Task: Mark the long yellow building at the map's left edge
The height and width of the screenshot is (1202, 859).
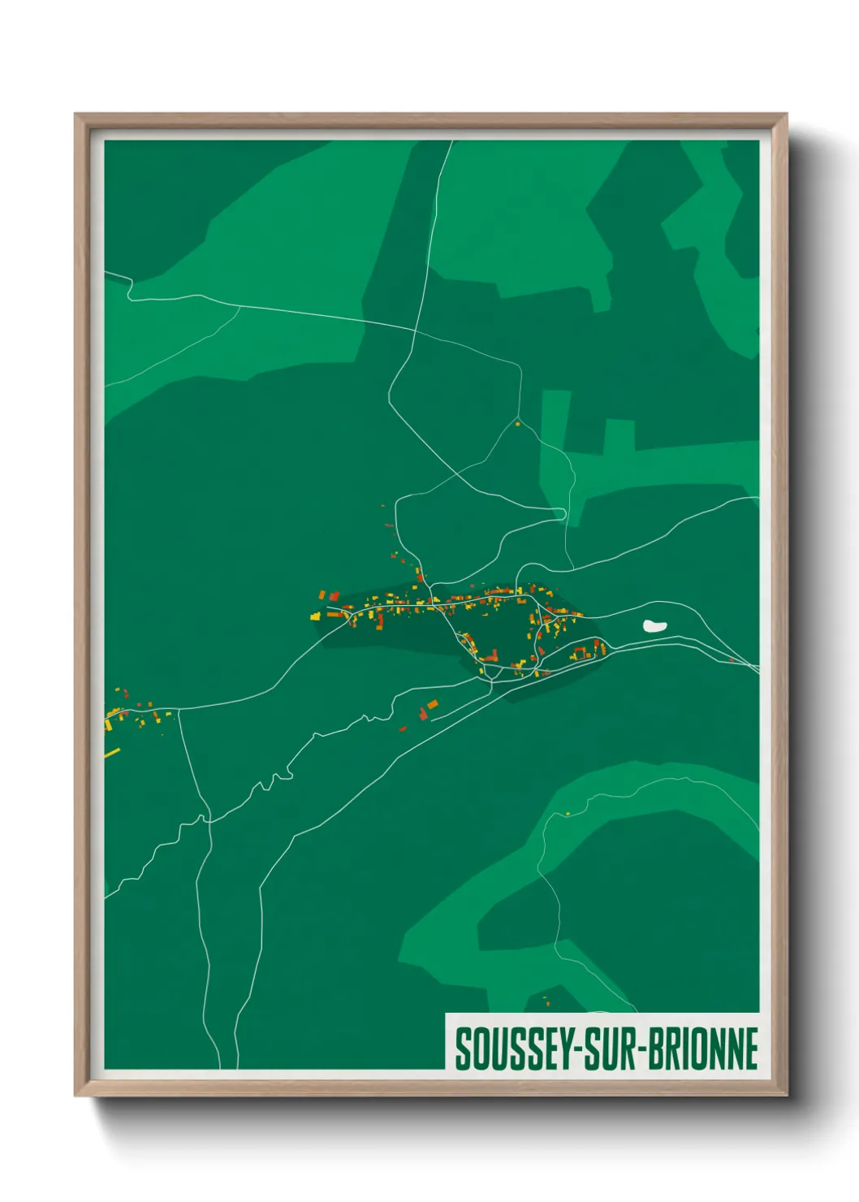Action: click(x=112, y=753)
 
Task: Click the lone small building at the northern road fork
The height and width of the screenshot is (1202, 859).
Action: click(x=517, y=423)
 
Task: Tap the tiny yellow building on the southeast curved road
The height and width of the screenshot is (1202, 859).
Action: click(x=568, y=814)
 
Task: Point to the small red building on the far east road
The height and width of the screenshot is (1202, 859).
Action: click(x=731, y=660)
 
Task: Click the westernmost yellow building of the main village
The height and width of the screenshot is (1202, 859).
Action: click(x=315, y=616)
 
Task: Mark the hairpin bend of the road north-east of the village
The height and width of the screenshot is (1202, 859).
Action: click(x=563, y=513)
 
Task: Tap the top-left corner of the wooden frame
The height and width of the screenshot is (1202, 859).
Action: click(x=76, y=115)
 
